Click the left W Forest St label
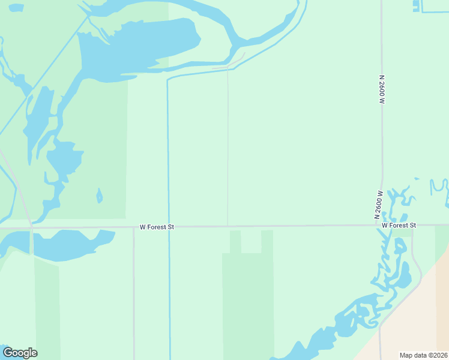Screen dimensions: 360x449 (x=157, y=227)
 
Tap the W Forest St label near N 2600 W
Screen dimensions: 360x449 (x=399, y=225)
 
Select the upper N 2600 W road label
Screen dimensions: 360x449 (x=381, y=90)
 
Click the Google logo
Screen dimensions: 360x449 (x=20, y=353)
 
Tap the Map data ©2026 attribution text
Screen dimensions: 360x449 (x=423, y=355)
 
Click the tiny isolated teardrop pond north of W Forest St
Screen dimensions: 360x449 (x=99, y=196)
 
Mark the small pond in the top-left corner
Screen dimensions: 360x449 (x=16, y=8)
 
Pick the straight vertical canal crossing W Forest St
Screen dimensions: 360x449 (x=168, y=150)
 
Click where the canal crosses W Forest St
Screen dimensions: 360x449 (x=169, y=227)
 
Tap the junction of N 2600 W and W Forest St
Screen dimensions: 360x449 (x=382, y=226)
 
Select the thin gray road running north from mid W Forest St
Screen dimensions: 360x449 (x=228, y=150)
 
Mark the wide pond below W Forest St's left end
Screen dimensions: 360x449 (x=66, y=243)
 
